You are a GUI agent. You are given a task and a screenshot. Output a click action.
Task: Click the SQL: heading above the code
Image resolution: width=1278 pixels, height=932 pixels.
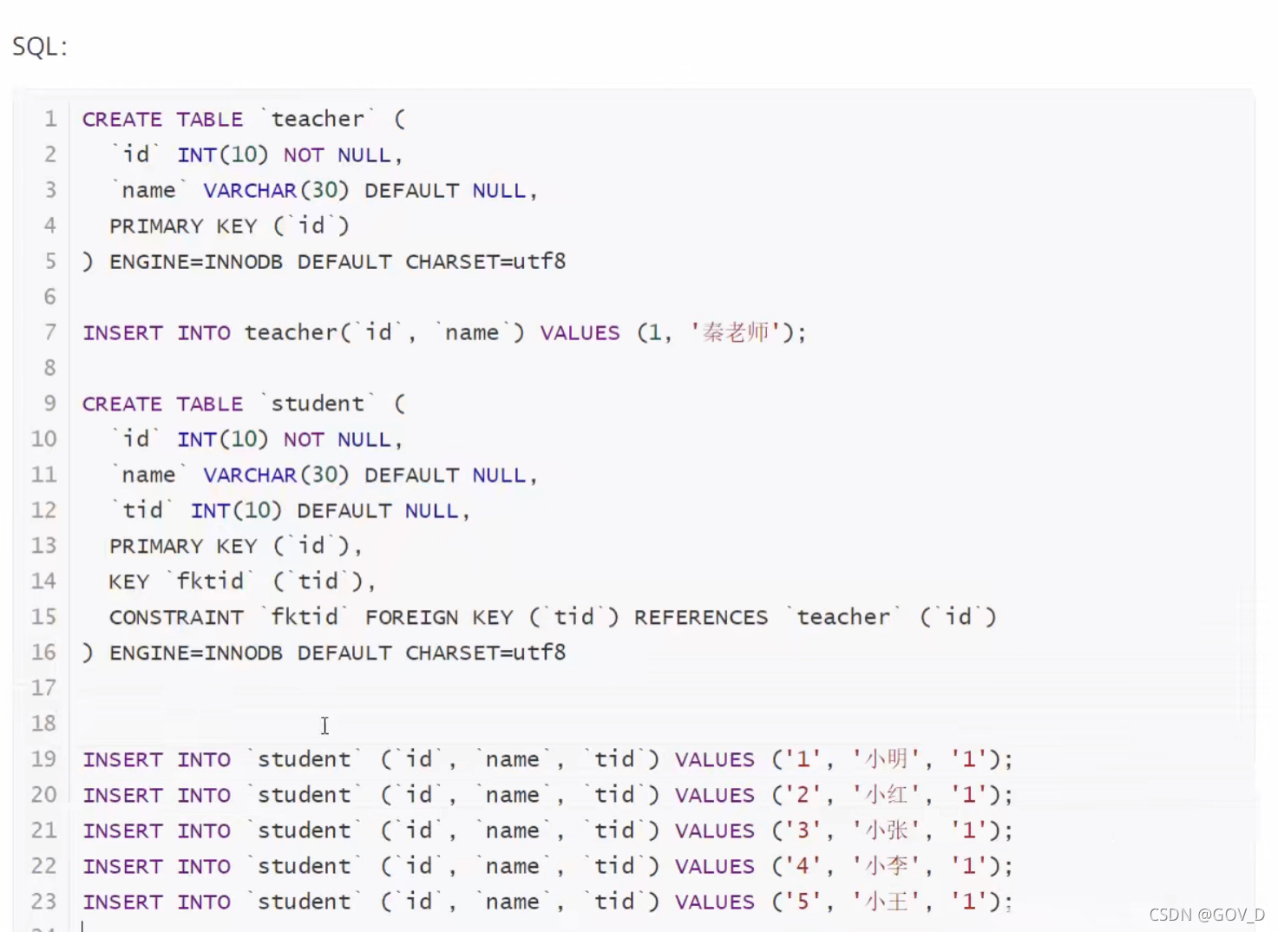point(40,46)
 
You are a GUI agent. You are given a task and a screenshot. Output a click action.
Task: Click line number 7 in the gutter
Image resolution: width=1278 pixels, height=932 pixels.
point(50,332)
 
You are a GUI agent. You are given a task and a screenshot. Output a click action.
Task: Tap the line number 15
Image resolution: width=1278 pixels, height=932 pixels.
point(44,617)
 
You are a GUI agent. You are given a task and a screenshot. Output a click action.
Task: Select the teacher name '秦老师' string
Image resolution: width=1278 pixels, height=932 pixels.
point(736,332)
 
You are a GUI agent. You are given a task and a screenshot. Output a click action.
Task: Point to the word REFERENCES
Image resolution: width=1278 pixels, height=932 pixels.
point(700,617)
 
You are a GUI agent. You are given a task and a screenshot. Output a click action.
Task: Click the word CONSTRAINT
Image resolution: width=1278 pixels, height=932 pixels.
point(176,617)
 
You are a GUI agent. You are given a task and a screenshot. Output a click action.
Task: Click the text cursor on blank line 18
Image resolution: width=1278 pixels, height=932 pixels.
point(324,725)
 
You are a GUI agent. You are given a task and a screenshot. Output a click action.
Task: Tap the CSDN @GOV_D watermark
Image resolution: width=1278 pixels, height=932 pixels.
point(1207,915)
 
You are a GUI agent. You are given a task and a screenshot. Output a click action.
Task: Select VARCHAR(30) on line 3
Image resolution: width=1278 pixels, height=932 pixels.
point(276,190)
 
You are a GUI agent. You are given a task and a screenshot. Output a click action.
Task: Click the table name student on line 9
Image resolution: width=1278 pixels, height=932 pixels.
point(318,404)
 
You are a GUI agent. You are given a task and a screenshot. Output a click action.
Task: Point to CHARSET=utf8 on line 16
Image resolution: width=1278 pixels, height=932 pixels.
point(485,653)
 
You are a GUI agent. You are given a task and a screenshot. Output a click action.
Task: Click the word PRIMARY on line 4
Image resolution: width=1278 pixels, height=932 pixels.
point(156,226)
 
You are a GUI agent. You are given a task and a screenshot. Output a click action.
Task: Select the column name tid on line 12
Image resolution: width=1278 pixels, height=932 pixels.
point(142,510)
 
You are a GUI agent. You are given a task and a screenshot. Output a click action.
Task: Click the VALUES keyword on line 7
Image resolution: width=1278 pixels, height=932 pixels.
point(580,332)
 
